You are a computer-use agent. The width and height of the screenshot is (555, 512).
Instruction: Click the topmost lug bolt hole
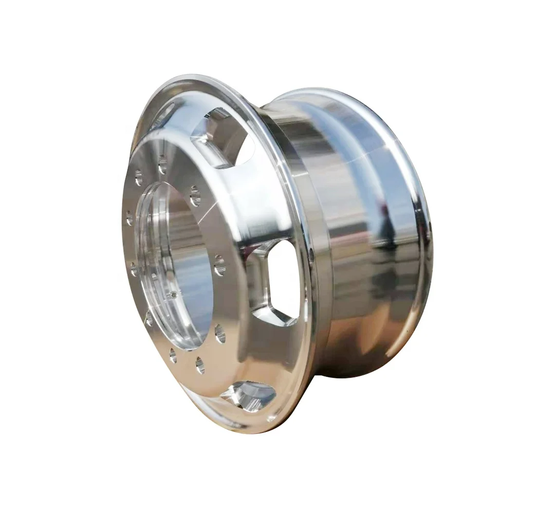[x=163, y=166]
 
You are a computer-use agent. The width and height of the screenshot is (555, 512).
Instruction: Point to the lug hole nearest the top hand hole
[x=195, y=196]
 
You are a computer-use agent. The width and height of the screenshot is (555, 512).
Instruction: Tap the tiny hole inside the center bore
[x=174, y=295]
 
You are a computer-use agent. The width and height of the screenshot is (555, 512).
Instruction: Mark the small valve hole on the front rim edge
[x=312, y=253]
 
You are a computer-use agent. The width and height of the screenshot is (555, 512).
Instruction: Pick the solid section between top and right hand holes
[x=257, y=206]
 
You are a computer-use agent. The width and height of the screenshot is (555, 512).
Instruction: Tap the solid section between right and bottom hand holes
[x=257, y=350]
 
